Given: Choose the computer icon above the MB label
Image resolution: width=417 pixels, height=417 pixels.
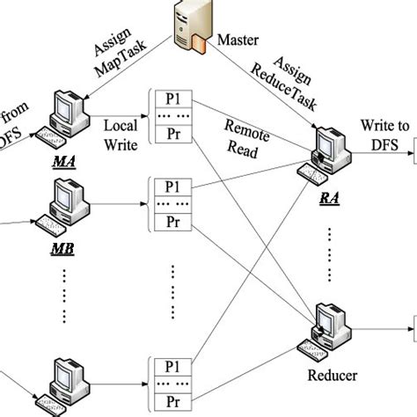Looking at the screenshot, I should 68,203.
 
